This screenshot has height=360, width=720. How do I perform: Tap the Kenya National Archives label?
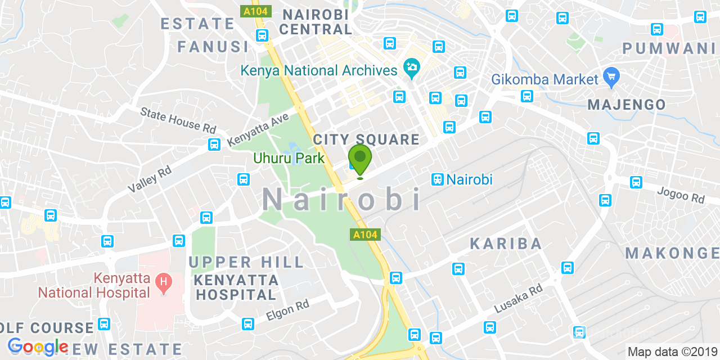(x=319, y=71)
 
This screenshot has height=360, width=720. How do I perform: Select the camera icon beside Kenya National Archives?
(x=412, y=69)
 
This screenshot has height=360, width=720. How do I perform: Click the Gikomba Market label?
(x=544, y=79)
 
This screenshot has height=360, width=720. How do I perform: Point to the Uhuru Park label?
(x=289, y=158)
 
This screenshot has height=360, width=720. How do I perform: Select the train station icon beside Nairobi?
(x=437, y=179)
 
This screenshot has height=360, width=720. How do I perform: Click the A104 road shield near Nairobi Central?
(x=256, y=11)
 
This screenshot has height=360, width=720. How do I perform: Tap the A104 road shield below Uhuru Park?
(x=366, y=235)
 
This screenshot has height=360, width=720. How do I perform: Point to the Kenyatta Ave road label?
(x=258, y=130)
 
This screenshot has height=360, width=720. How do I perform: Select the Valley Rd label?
(x=150, y=179)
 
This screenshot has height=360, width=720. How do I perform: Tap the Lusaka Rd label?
(x=518, y=298)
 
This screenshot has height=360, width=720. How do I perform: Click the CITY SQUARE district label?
(x=366, y=139)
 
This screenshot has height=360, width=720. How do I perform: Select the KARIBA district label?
(x=506, y=244)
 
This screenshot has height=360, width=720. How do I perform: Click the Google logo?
(x=38, y=346)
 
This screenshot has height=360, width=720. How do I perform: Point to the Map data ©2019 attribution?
(x=672, y=352)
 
